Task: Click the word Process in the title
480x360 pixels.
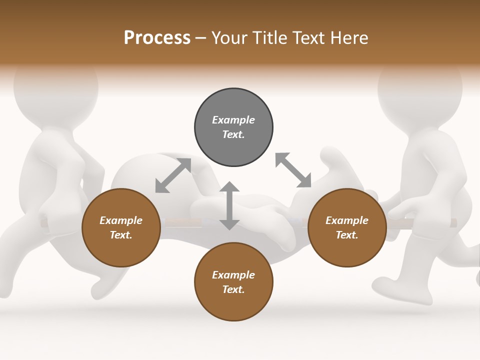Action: click(x=157, y=38)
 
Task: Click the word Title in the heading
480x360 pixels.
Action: click(x=269, y=38)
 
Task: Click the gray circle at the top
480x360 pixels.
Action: click(x=233, y=127)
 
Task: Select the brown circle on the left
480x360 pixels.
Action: click(x=121, y=227)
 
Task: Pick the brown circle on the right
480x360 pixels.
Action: click(x=347, y=227)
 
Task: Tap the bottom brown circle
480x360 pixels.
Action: click(x=233, y=282)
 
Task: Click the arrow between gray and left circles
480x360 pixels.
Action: click(x=173, y=175)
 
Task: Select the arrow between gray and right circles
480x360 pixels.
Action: click(x=293, y=170)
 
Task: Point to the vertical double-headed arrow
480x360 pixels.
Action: click(x=229, y=205)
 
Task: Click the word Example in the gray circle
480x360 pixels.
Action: click(x=233, y=120)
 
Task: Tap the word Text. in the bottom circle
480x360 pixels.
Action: click(x=233, y=289)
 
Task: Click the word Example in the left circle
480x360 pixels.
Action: click(x=121, y=220)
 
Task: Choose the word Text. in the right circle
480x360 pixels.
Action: click(x=347, y=235)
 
